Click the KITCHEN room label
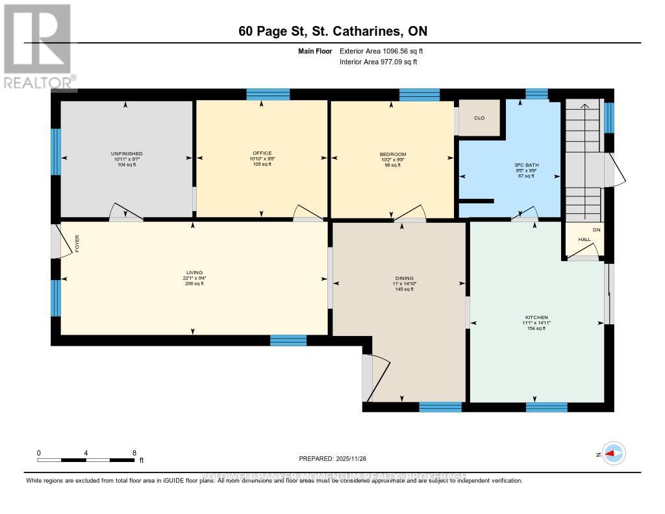click(x=536, y=317)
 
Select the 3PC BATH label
click(x=523, y=165)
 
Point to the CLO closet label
click(x=480, y=118)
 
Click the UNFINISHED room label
click(x=126, y=154)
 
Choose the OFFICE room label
click(x=262, y=153)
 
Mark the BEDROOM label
click(x=392, y=154)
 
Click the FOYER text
click(x=76, y=244)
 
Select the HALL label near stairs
click(x=584, y=240)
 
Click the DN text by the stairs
click(x=596, y=229)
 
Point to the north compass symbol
click(x=614, y=454)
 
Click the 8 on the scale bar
click(x=134, y=452)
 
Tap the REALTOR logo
click(x=38, y=45)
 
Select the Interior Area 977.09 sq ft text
click(x=379, y=62)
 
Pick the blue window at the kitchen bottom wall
click(x=546, y=407)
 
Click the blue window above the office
click(x=268, y=95)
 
